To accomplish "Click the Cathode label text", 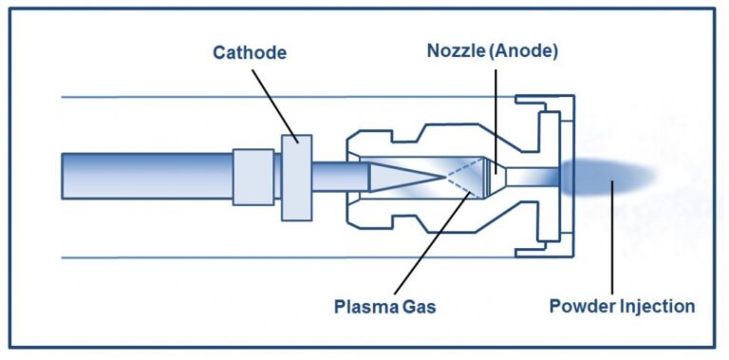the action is [250, 52].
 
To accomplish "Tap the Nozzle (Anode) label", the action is [493, 51].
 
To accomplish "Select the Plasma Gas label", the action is [385, 308].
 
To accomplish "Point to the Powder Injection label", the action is [622, 307].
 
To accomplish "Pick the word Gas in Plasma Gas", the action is [419, 308].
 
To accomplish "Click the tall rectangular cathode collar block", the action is [296, 178].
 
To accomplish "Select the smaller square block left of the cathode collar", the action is [252, 178].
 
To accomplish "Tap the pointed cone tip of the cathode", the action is [443, 177].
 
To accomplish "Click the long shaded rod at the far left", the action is [147, 177].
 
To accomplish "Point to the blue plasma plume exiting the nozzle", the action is [608, 177].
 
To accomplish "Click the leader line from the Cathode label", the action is [274, 106].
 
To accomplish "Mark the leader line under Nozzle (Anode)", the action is [496, 122].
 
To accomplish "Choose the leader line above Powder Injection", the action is [612, 237].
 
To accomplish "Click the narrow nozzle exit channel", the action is [532, 177].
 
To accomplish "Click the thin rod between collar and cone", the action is [341, 177].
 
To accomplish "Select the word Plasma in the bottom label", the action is [365, 308].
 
